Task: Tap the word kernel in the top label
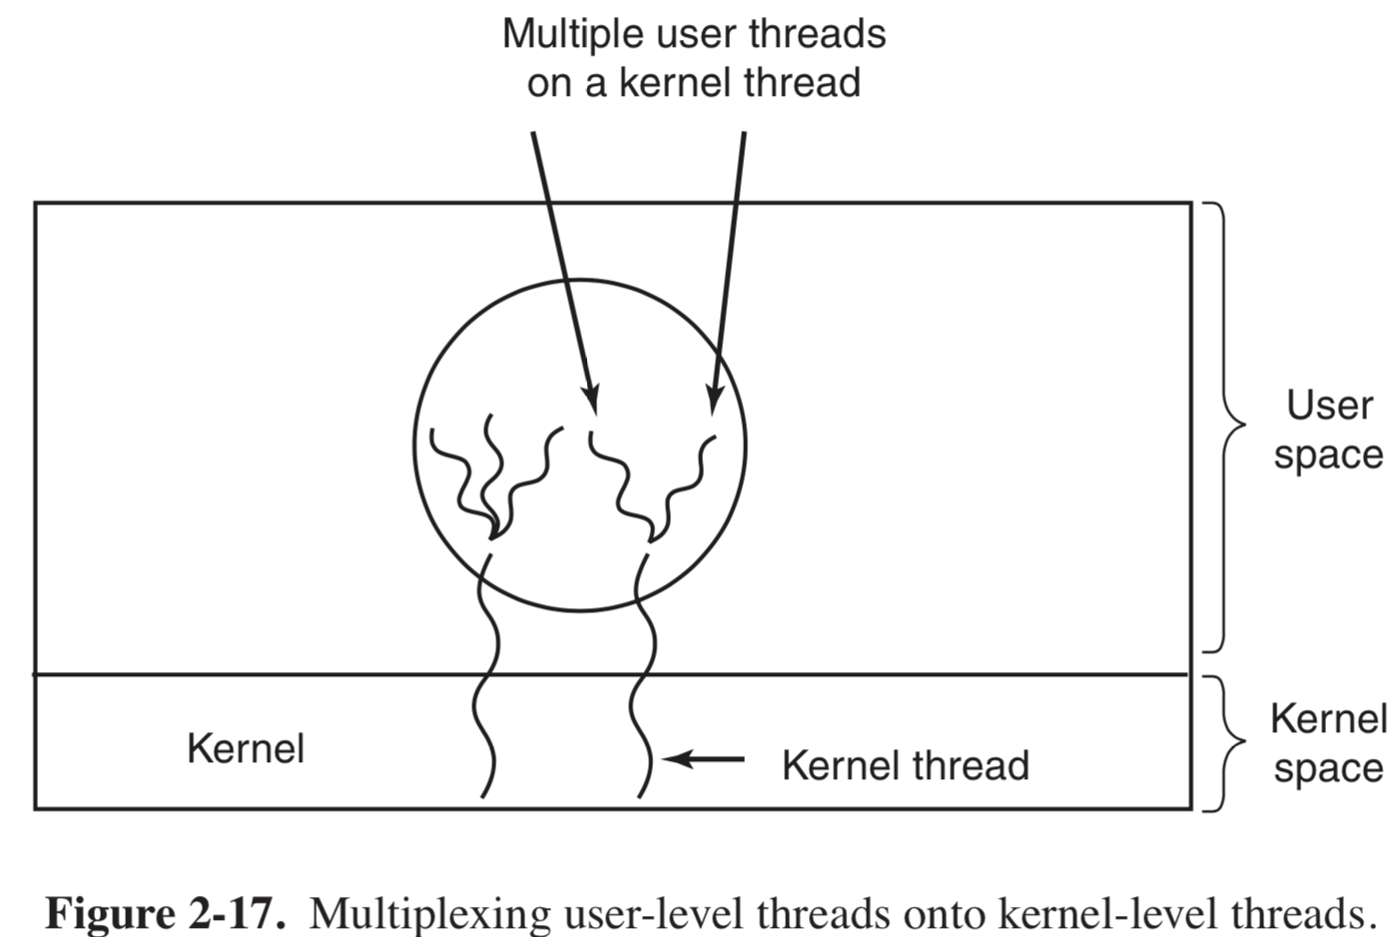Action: [x=678, y=83]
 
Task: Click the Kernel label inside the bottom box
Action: [x=246, y=748]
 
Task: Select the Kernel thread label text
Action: [x=905, y=765]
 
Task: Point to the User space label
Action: [x=1328, y=430]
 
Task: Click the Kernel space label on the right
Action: [x=1328, y=743]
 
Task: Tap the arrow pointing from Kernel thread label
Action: [x=704, y=760]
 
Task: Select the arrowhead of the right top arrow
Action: [x=713, y=400]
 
